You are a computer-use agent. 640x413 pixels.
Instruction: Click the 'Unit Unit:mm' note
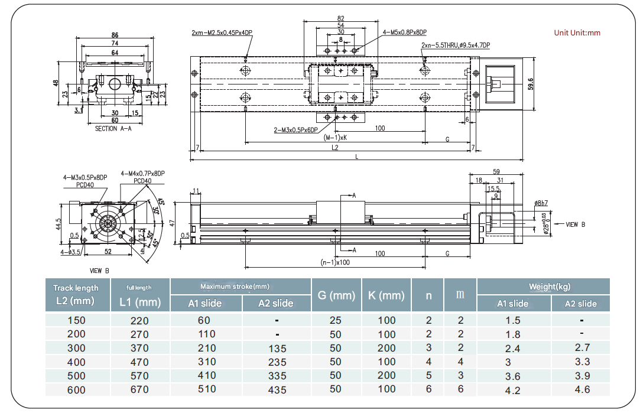[577, 33]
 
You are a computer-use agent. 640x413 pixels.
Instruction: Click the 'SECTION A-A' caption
[114, 128]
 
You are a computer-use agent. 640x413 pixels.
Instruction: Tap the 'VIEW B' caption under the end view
[99, 271]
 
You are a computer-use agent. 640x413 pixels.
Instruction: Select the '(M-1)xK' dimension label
[334, 137]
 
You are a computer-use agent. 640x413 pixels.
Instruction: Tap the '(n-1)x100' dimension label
[334, 262]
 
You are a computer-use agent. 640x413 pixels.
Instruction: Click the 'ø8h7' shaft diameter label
[541, 203]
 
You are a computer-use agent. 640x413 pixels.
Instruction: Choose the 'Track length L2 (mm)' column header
[76, 294]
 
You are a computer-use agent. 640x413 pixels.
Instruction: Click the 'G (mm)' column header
[336, 295]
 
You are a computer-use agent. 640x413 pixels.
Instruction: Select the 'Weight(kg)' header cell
[542, 287]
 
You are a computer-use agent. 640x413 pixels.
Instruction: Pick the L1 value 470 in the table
[139, 362]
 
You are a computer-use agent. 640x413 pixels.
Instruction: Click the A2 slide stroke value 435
[275, 389]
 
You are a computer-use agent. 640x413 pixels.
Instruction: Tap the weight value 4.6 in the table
[581, 389]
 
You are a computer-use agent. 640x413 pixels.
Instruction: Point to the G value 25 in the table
[336, 320]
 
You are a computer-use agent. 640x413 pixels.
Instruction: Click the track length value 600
[76, 389]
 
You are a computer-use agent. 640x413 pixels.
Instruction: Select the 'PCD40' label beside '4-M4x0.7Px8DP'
[142, 181]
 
